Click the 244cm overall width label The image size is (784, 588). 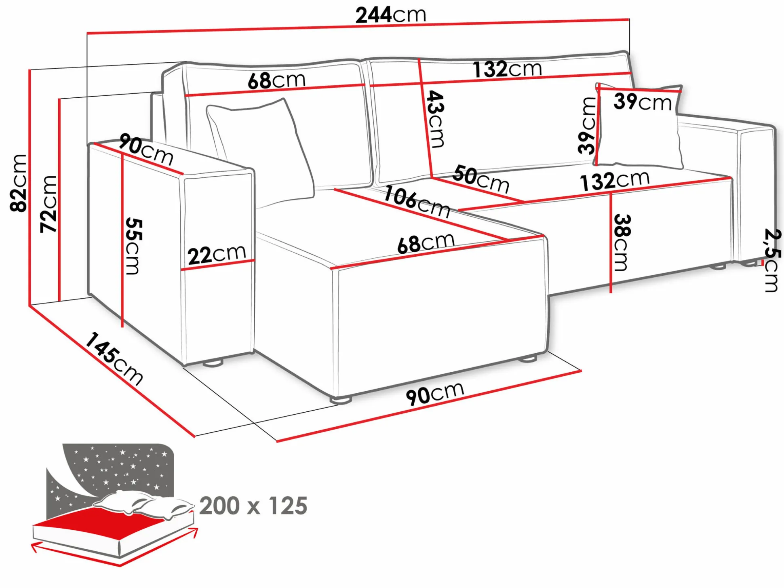tap(391, 15)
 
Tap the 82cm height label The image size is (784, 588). tap(19, 183)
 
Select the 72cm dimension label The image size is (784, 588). tap(48, 204)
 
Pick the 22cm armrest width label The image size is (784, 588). tap(217, 255)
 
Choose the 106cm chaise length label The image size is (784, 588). tap(417, 201)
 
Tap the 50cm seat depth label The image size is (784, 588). tap(481, 179)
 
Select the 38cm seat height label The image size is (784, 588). tap(622, 242)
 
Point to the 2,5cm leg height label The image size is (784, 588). tap(772, 260)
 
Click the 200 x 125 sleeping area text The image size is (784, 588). tap(253, 506)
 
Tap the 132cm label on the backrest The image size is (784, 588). tap(508, 69)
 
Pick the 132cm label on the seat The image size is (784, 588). tap(615, 181)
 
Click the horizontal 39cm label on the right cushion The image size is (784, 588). tap(643, 101)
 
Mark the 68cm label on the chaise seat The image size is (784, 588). tap(426, 243)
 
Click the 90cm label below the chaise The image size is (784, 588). tap(435, 393)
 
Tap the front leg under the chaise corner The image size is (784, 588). tap(341, 400)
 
